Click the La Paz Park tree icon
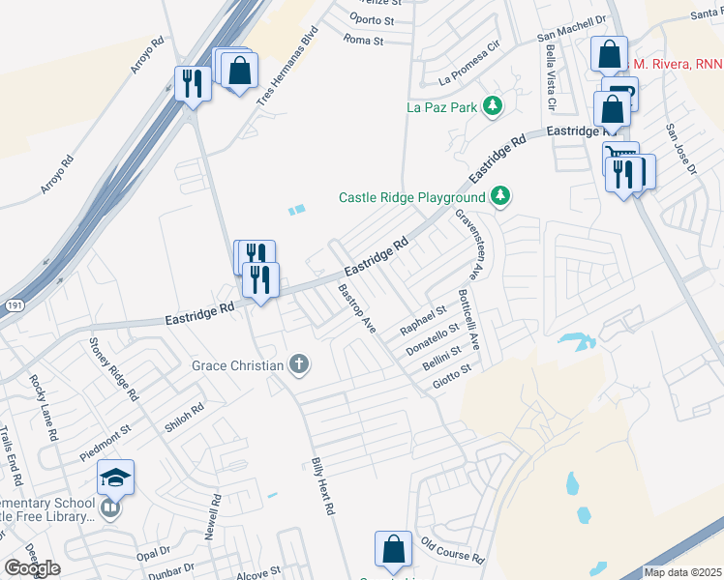tap(493, 105)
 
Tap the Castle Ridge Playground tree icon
tap(500, 196)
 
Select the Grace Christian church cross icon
tap(300, 364)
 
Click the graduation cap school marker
tap(114, 477)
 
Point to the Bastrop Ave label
tap(356, 308)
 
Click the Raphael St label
tap(423, 321)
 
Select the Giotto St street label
tap(452, 375)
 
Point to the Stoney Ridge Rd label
tap(112, 368)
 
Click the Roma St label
tap(365, 40)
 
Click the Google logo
tap(32, 568)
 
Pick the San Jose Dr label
tap(680, 146)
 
